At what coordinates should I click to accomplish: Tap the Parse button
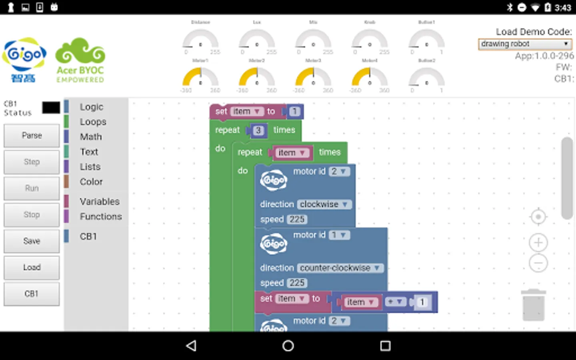32,136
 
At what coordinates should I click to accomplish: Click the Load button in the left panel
32,267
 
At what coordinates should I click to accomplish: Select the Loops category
93,122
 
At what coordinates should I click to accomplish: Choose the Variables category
99,201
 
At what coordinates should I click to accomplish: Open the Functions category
100,216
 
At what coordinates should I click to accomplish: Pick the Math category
91,137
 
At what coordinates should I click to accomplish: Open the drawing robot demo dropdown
525,44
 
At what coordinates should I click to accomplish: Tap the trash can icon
534,305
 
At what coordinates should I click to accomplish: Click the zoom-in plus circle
538,242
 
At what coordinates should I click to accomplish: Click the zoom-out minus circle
538,263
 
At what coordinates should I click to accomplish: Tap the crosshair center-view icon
538,217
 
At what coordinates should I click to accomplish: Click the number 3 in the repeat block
258,130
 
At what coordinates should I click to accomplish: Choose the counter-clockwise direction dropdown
340,268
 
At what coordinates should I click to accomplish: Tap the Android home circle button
288,346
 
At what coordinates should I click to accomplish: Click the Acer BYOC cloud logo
80,60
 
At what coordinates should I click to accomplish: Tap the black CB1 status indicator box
51,108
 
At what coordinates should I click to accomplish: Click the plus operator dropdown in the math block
395,302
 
